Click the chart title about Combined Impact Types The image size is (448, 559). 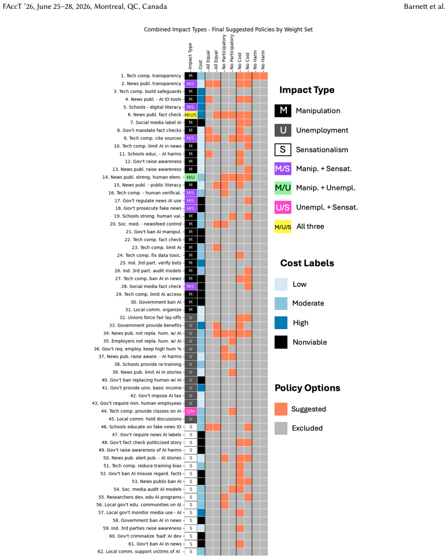[228, 29]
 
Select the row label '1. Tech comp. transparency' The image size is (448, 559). [151, 76]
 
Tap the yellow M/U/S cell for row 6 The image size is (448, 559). [191, 115]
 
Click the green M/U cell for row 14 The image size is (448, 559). [191, 177]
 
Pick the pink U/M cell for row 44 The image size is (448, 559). [191, 411]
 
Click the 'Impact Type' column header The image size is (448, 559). [190, 56]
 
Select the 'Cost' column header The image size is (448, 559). [200, 65]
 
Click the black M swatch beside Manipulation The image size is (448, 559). [283, 111]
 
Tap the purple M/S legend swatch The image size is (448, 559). [283, 168]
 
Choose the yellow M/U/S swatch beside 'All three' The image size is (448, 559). [283, 227]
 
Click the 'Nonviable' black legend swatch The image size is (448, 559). [281, 342]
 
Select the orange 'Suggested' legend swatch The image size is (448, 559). [281, 409]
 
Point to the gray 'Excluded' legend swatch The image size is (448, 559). [281, 428]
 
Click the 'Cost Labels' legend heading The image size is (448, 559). [307, 263]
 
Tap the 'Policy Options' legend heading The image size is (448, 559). [308, 388]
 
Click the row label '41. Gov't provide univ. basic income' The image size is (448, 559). [141, 388]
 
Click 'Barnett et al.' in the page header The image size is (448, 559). [424, 6]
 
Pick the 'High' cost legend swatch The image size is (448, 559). [281, 323]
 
